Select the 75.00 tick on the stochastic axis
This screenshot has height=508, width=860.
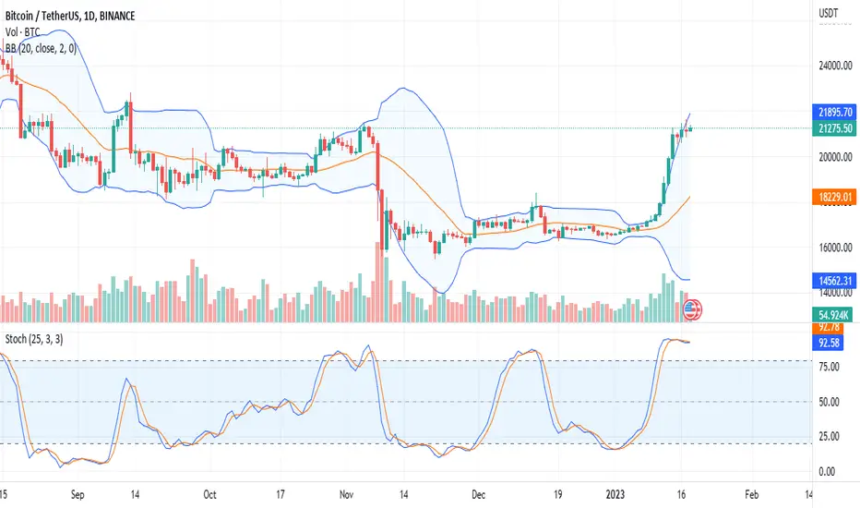coord(827,367)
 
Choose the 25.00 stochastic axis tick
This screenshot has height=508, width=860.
coord(827,436)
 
